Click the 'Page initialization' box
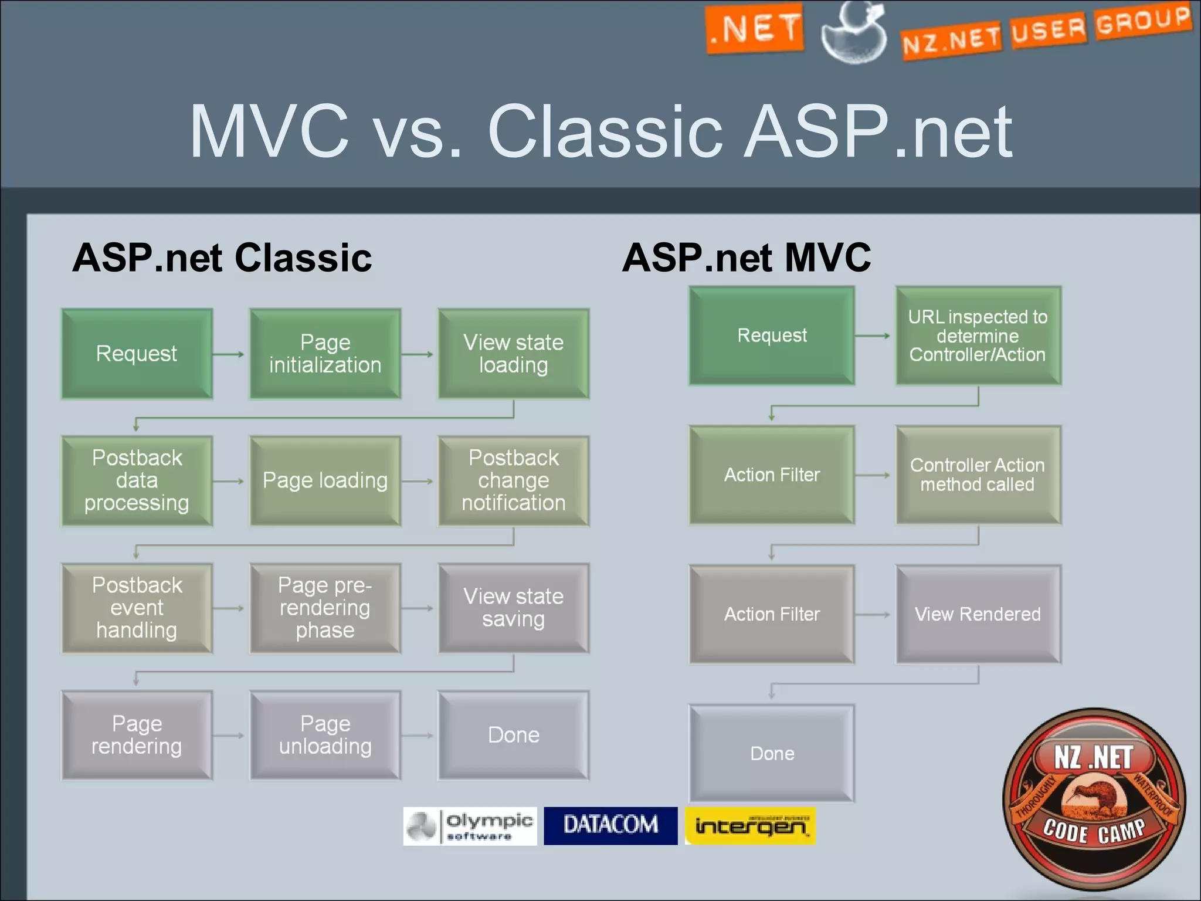325,354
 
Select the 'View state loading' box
514,354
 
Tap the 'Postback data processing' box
137,480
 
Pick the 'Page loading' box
325,480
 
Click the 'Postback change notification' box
514,480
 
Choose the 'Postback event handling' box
137,608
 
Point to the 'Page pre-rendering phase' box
325,608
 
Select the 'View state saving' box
514,608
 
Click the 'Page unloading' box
325,735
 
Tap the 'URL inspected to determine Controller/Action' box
978,336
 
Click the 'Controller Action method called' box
978,475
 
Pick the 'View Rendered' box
978,614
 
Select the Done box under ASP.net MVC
772,753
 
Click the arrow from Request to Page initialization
229,354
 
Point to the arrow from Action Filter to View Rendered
873,615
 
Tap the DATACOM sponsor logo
610,825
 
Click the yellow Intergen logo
750,825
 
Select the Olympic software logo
470,825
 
